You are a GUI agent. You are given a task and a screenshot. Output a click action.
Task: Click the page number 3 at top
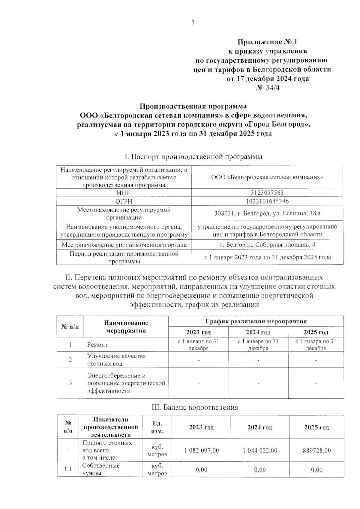click(193, 23)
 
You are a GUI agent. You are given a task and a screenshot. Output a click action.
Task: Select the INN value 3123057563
click(267, 193)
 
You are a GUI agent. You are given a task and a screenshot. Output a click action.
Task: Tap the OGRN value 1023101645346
click(267, 201)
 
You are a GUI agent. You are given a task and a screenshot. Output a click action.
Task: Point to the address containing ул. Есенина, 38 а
click(267, 214)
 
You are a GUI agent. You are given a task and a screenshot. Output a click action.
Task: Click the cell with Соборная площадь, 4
click(267, 245)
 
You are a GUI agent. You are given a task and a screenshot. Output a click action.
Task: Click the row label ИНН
click(124, 193)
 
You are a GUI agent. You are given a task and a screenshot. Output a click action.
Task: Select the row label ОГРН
click(124, 201)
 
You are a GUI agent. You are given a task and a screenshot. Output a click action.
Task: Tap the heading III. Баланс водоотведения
click(195, 407)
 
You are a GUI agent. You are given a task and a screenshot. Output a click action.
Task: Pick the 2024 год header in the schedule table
click(258, 332)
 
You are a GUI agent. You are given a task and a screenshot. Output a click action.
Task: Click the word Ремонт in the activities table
click(97, 345)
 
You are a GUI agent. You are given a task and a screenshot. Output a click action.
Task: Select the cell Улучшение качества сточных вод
click(116, 360)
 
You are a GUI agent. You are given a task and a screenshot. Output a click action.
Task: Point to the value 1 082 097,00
click(202, 451)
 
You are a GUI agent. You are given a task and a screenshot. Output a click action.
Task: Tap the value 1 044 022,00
click(260, 451)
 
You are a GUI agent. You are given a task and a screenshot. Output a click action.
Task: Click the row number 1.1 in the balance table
click(68, 469)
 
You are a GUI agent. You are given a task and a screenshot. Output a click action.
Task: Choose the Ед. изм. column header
click(157, 427)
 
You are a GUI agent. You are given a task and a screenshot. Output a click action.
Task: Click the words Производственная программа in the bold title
click(193, 106)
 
